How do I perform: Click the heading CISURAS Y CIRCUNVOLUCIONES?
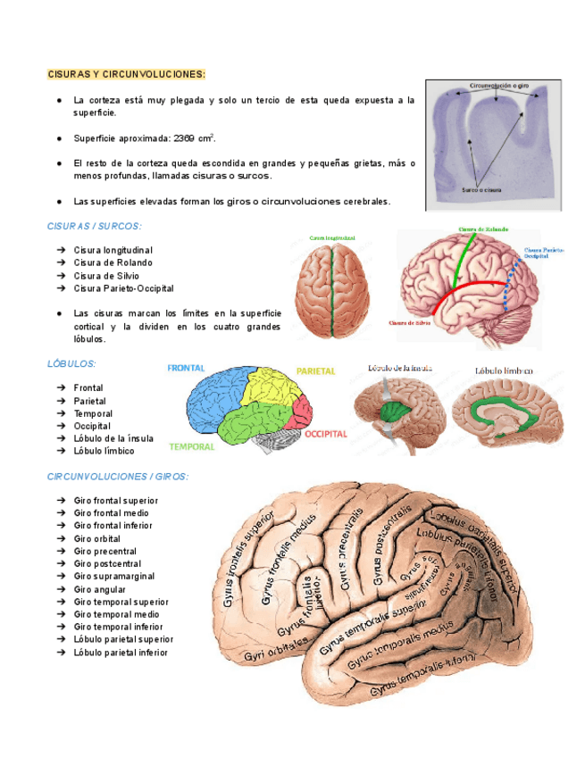click(x=126, y=72)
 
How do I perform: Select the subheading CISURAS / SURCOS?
click(x=94, y=227)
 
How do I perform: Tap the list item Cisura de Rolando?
click(x=113, y=262)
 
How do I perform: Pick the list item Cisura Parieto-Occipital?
click(x=124, y=288)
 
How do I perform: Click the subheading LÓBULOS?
click(x=71, y=364)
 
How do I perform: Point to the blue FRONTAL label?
click(x=186, y=368)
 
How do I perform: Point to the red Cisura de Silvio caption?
click(x=412, y=322)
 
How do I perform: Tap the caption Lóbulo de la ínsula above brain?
click(x=399, y=367)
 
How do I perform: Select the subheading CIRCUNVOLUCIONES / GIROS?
click(x=118, y=477)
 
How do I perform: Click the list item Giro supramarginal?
click(x=115, y=577)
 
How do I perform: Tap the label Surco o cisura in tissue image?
click(x=481, y=190)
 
